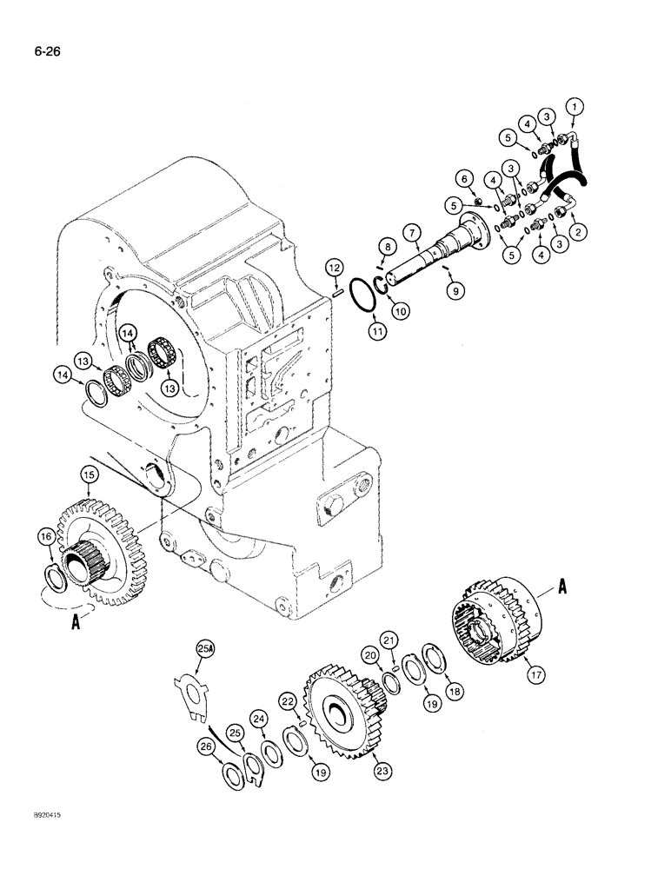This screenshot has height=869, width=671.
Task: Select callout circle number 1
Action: pyautogui.click(x=573, y=108)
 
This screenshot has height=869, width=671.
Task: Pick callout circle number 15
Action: pyautogui.click(x=88, y=474)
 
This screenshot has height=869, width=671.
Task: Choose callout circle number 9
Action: pyautogui.click(x=452, y=294)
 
